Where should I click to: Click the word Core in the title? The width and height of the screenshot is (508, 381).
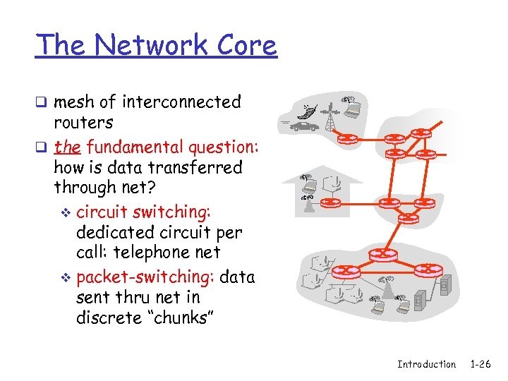246,44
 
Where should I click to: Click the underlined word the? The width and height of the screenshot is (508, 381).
67,147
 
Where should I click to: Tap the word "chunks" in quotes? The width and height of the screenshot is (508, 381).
171,318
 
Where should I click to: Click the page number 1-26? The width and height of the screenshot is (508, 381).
480,364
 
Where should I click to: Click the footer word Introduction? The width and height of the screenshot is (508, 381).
426,364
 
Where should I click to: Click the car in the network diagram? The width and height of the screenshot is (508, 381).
304,127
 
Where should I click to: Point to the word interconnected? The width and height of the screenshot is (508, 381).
181,102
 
